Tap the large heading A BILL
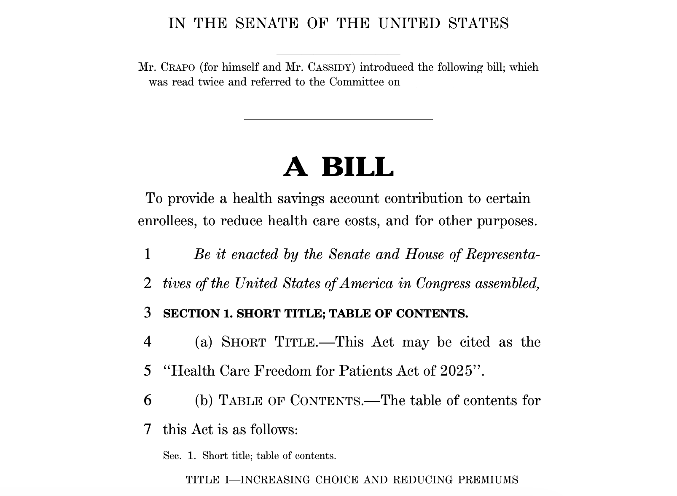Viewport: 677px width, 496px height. pyautogui.click(x=338, y=167)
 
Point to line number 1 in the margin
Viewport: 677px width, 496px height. pyautogui.click(x=147, y=254)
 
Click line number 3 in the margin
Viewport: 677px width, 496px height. pyautogui.click(x=147, y=313)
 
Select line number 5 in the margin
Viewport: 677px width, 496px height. pyautogui.click(x=147, y=371)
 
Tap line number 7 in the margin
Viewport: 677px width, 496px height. pyautogui.click(x=147, y=429)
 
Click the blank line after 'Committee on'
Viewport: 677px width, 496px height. pyautogui.click(x=466, y=86)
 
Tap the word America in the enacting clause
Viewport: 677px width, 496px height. pyautogui.click(x=366, y=283)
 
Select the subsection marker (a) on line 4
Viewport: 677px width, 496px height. pyautogui.click(x=204, y=342)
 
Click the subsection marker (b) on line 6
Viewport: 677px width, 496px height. pyautogui.click(x=204, y=400)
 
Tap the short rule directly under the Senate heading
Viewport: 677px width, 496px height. pyautogui.click(x=338, y=54)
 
